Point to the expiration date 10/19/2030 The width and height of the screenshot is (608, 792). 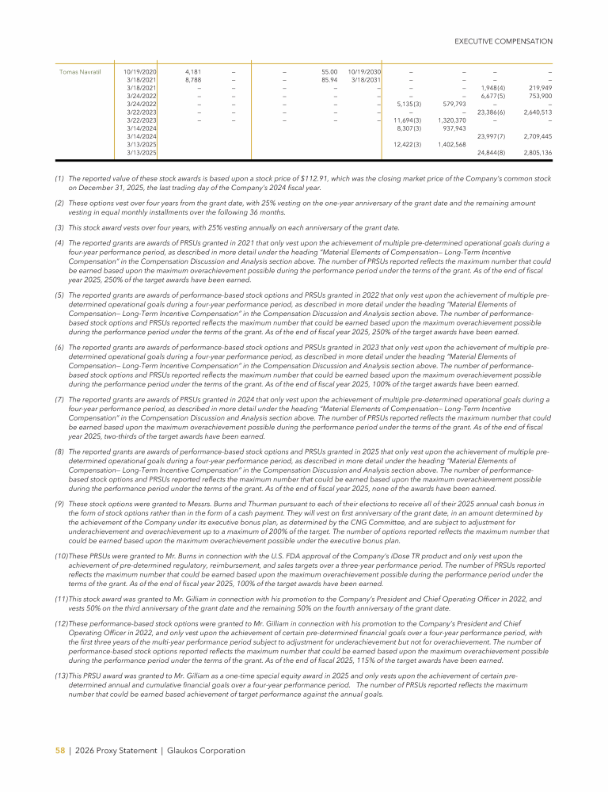click(364, 72)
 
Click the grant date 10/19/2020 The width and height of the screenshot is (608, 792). click(140, 72)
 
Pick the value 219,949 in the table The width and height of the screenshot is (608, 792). click(538, 88)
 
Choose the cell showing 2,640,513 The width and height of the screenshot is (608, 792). click(536, 112)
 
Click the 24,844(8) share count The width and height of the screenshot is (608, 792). click(491, 153)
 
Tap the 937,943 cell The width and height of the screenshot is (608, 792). click(454, 128)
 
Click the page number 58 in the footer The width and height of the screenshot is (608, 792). click(59, 750)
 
